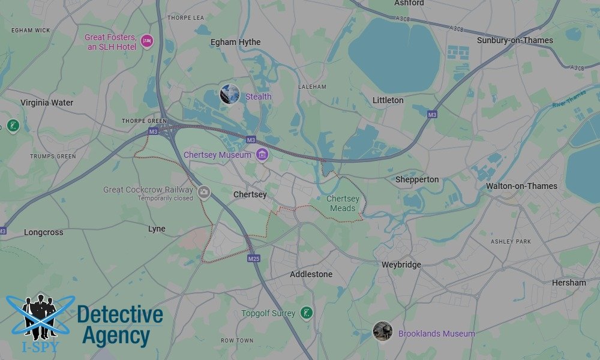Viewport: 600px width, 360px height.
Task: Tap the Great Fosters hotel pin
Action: click(147, 41)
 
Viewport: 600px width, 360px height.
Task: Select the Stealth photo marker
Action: click(230, 94)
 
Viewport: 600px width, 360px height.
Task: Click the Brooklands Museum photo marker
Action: click(382, 331)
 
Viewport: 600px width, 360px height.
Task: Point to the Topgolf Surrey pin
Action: click(307, 313)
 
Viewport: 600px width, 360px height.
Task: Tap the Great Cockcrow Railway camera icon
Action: click(203, 192)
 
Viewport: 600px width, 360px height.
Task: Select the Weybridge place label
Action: click(401, 265)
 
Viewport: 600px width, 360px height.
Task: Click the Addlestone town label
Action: click(311, 274)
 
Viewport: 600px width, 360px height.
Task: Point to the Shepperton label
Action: click(417, 179)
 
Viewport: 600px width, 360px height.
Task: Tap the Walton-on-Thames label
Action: click(521, 186)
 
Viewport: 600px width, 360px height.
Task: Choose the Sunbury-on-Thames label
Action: click(515, 40)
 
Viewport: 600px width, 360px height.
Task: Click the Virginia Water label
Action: click(47, 103)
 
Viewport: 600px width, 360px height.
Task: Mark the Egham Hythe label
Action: click(235, 42)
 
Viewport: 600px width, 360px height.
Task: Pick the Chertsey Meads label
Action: click(343, 203)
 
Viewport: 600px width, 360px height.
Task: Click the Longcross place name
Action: click(43, 232)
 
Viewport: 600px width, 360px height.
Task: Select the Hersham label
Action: click(569, 283)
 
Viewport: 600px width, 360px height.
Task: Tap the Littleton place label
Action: click(388, 100)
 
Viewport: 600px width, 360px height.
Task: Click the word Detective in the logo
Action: click(120, 315)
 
